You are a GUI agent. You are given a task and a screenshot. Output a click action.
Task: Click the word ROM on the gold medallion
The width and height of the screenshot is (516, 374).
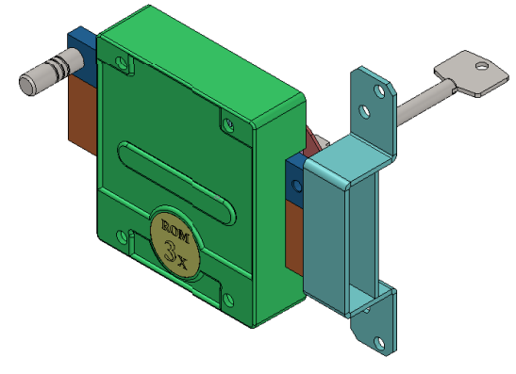pos(175,232)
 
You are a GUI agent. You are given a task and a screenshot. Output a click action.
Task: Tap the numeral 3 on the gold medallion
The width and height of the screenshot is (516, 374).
pos(171,252)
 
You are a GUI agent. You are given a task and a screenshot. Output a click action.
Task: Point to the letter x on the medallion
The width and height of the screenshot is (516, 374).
pos(182,262)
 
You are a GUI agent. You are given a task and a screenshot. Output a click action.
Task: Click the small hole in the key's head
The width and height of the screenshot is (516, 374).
pos(482,66)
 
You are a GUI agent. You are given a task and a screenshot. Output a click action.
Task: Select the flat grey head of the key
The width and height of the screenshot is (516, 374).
pos(472,73)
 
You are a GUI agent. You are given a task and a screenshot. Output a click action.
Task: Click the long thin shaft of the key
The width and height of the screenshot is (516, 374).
pos(424,105)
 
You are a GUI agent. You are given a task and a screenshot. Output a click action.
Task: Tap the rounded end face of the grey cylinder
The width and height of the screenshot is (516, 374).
pos(26,85)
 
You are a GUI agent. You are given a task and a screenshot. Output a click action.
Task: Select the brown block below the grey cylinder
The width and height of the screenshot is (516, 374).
pos(82,113)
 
